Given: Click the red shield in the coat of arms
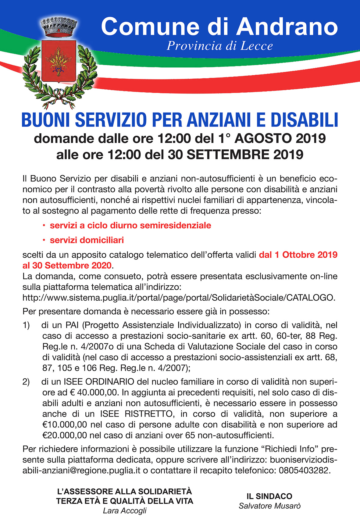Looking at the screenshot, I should click(58, 61).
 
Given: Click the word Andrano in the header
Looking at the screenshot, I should click(287, 27).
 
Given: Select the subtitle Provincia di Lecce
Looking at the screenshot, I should click(219, 46).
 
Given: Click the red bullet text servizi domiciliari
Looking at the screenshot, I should click(87, 240).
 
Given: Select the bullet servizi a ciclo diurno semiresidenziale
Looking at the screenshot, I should click(130, 226).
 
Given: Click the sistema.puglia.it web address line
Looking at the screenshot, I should click(179, 298).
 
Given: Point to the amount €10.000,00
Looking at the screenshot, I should click(65, 424).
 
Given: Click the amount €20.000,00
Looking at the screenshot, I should click(65, 435).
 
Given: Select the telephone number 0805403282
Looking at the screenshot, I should click(304, 470).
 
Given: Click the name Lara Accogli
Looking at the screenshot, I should click(125, 511).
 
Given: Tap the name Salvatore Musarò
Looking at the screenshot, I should click(269, 506).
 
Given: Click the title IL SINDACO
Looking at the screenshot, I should click(269, 496).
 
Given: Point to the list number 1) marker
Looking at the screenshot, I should click(26, 325).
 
